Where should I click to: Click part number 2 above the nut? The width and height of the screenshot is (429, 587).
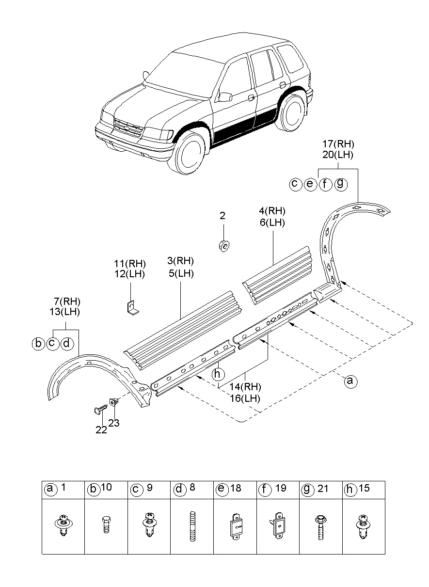pos(222,216)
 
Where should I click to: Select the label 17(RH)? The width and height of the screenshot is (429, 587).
pos(339,144)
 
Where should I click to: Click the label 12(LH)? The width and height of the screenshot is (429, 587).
pos(129,274)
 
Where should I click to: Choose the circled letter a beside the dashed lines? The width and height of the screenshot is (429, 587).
pos(350,381)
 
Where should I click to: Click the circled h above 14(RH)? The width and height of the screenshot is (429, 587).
pos(219,374)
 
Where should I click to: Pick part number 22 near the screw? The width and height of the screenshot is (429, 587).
pos(101,430)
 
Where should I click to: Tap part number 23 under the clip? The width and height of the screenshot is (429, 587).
pos(114,423)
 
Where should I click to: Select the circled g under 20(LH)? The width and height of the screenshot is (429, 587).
pos(341,184)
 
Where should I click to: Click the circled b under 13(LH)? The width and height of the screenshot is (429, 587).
pos(38,344)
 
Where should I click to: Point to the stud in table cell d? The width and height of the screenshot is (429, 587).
pos(192,526)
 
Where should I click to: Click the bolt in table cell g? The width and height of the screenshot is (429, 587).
pos(321,527)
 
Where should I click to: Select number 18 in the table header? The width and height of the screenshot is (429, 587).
pos(236,489)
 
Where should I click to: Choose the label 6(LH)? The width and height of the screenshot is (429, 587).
pos(272,222)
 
